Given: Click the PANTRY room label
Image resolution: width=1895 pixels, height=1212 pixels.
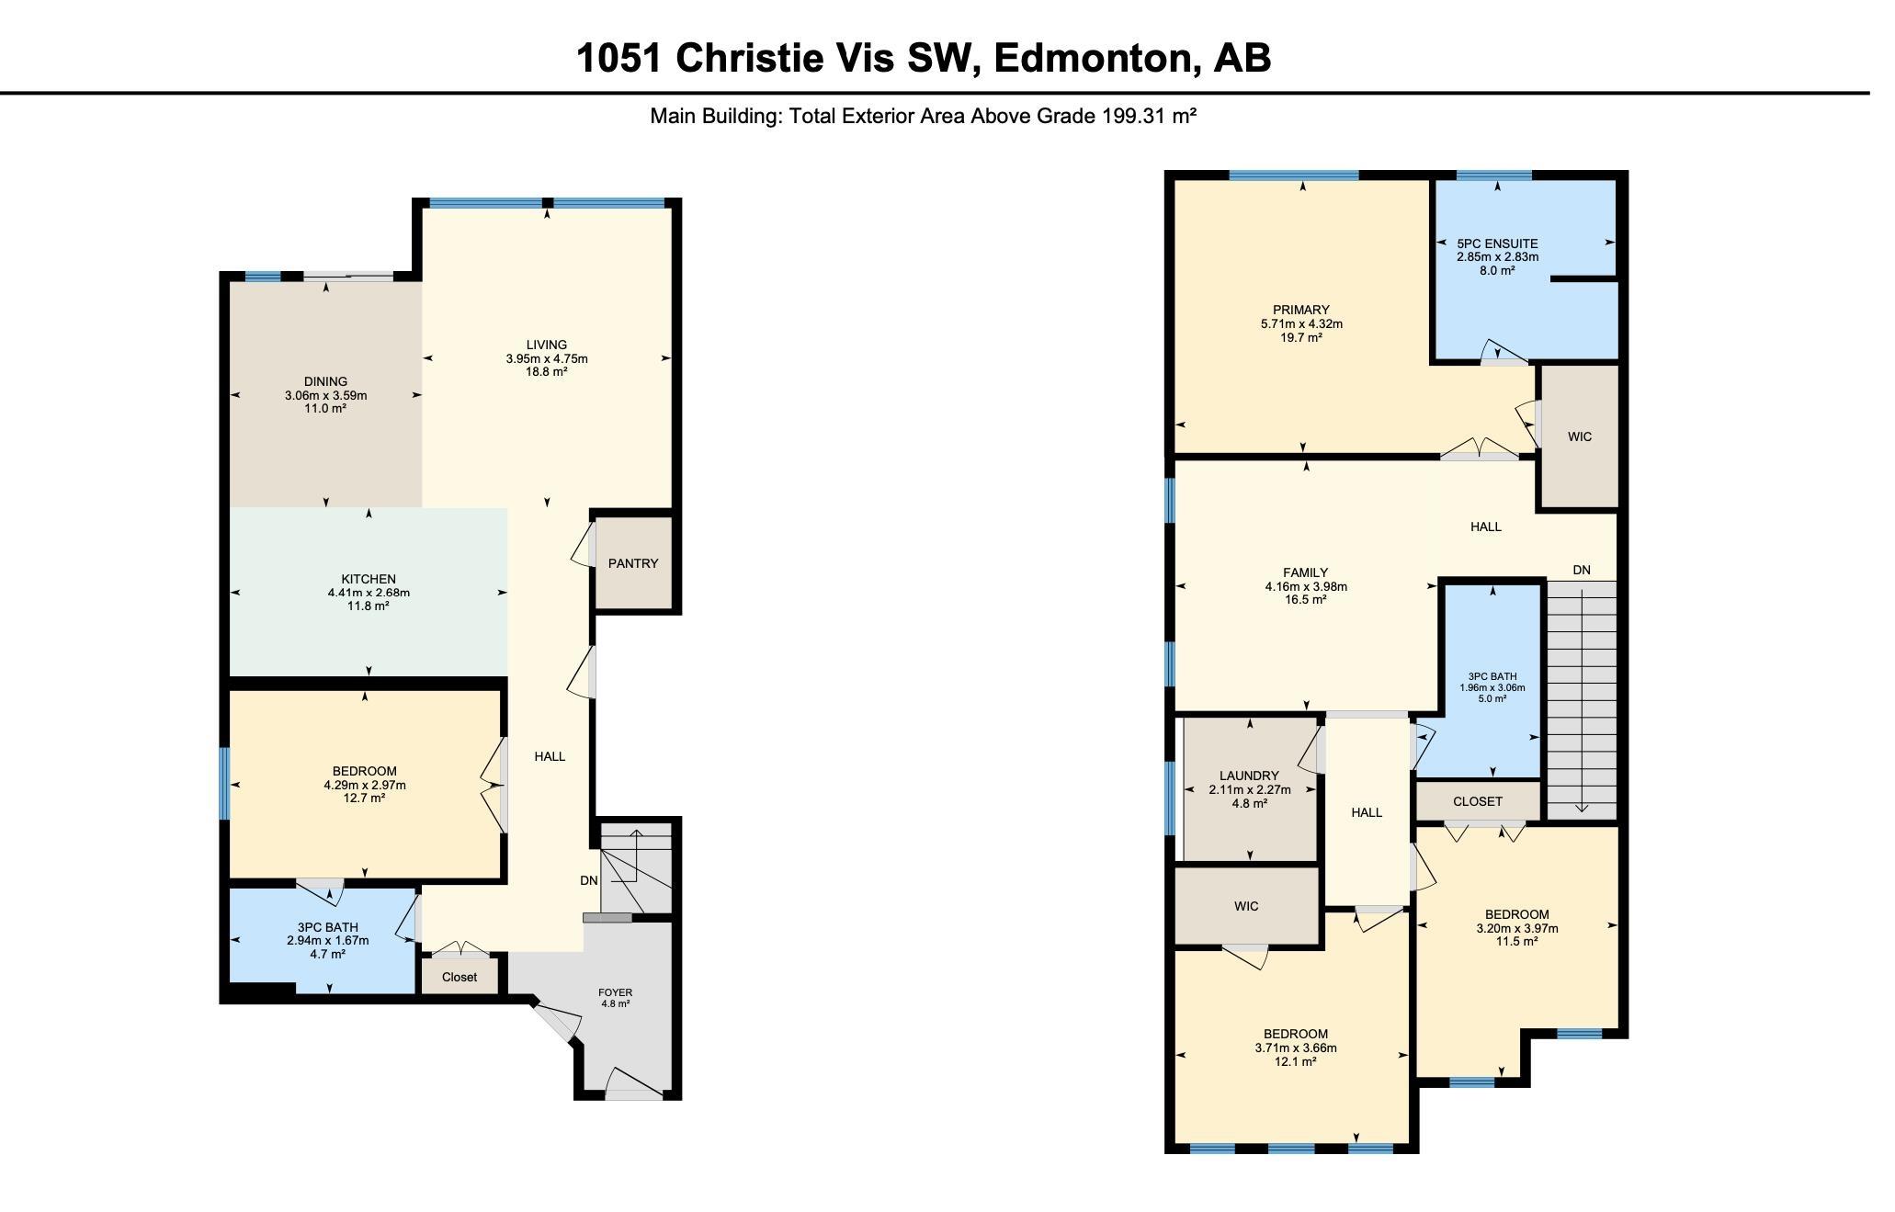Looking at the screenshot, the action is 633,563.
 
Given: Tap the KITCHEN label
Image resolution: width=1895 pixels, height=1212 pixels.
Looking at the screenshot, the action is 369,579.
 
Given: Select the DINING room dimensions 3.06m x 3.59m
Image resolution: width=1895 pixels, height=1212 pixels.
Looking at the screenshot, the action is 325,395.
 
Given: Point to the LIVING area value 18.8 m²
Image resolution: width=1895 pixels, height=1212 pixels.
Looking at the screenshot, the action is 546,371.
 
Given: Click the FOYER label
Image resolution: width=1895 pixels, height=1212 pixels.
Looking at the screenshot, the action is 615,992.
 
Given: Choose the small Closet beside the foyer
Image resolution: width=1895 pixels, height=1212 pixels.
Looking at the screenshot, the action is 460,977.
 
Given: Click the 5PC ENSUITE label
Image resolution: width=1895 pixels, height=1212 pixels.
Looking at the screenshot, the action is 1497,244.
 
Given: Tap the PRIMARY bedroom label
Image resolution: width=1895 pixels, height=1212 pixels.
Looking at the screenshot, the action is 1301,310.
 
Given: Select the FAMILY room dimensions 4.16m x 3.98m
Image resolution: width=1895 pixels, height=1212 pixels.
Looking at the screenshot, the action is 1306,586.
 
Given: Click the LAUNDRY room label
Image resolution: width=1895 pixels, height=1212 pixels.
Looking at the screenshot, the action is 1249,776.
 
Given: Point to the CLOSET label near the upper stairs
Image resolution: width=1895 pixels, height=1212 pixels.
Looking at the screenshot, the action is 1478,801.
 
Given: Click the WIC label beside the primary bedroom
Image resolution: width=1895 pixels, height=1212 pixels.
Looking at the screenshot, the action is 1580,436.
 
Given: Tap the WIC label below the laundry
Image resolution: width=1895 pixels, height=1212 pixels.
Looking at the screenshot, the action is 1246,906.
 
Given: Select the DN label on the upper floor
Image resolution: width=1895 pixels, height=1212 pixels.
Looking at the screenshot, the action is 1582,570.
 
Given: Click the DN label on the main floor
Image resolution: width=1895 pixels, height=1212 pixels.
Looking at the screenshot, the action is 589,880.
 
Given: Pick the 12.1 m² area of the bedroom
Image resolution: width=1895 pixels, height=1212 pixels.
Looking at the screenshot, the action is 1295,1061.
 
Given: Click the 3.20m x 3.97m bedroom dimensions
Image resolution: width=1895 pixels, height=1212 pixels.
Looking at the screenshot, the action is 1516,928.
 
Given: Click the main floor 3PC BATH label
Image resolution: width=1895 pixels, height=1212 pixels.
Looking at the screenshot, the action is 327,927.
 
